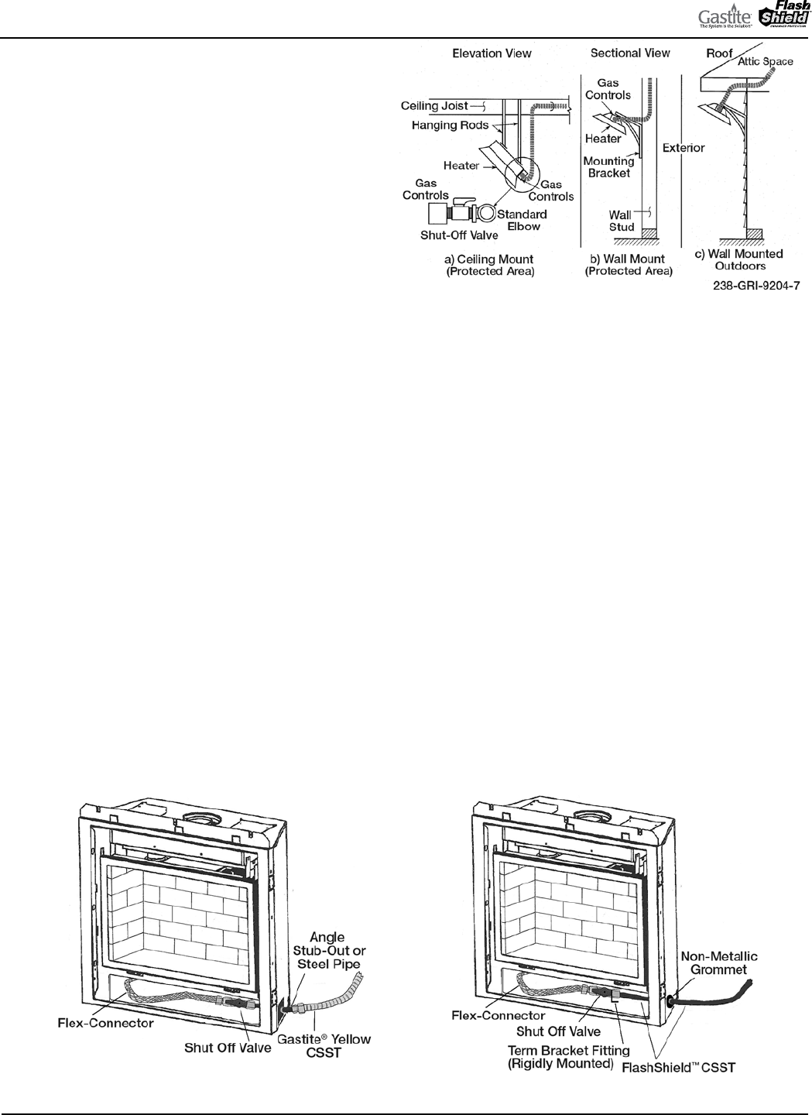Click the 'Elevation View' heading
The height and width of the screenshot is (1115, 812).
(492, 53)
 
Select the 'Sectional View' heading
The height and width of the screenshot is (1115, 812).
(630, 53)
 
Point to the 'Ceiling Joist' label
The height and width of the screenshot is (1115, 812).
(434, 106)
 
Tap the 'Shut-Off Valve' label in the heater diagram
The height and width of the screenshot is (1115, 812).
(459, 235)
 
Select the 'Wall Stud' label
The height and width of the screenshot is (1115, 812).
(622, 221)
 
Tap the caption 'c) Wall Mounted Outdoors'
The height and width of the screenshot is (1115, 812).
(738, 259)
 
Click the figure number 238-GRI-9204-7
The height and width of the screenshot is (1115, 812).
(756, 286)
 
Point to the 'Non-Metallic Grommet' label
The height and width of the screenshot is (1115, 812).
(719, 962)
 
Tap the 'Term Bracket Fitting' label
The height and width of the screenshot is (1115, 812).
(568, 1051)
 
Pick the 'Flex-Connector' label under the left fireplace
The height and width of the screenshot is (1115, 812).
(105, 1023)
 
